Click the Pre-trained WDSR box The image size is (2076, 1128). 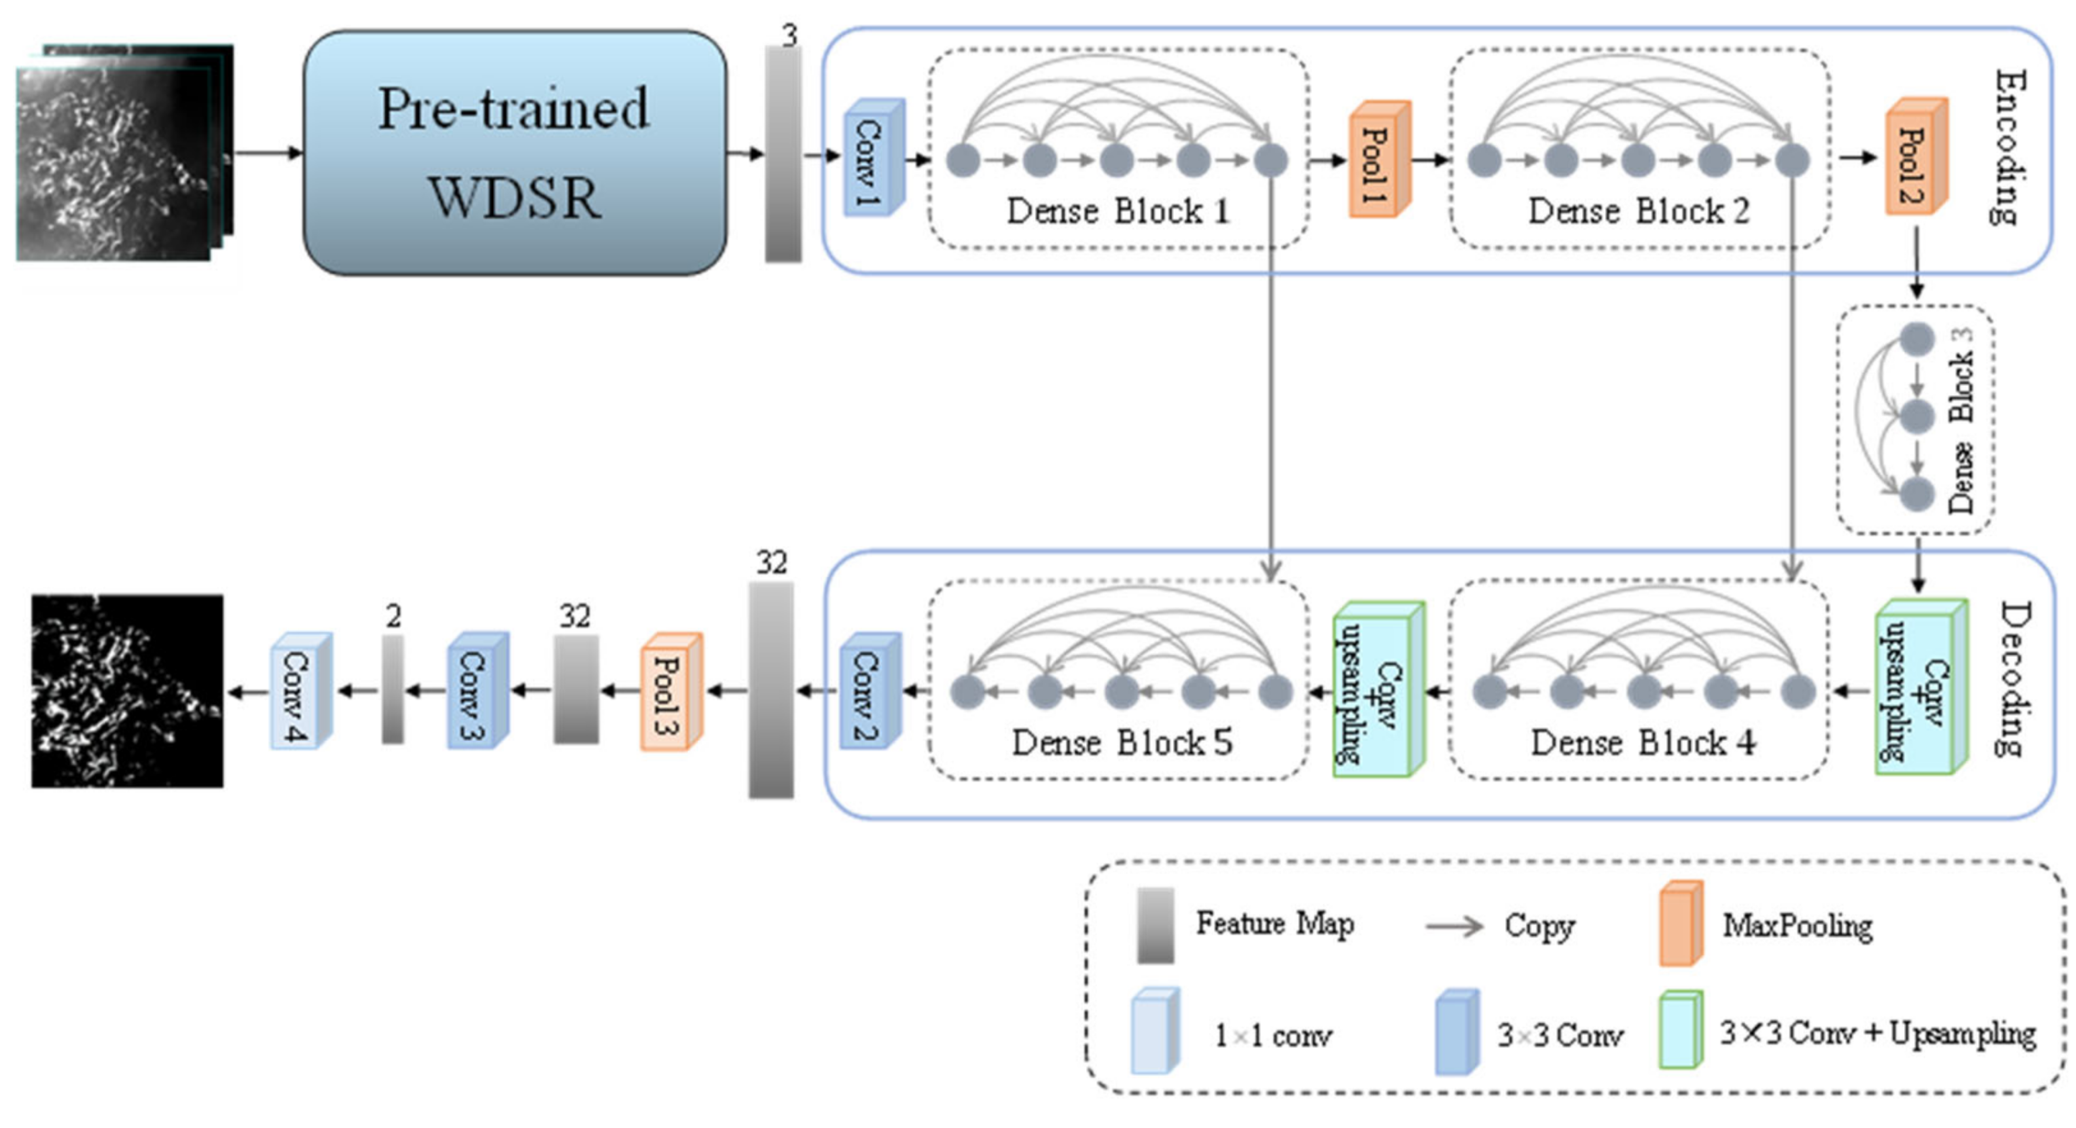(x=514, y=153)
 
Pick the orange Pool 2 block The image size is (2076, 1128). (x=1915, y=158)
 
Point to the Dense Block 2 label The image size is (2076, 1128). (x=1639, y=212)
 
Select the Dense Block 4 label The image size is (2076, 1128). (x=1643, y=742)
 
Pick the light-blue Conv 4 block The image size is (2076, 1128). (x=299, y=691)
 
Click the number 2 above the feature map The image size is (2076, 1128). (x=393, y=617)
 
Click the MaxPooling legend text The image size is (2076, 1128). (x=1797, y=926)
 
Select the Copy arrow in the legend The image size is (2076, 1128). (x=1453, y=926)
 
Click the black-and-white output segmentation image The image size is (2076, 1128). (x=127, y=691)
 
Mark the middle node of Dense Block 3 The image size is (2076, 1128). (x=1916, y=416)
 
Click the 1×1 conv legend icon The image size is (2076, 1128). (x=1154, y=1033)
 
